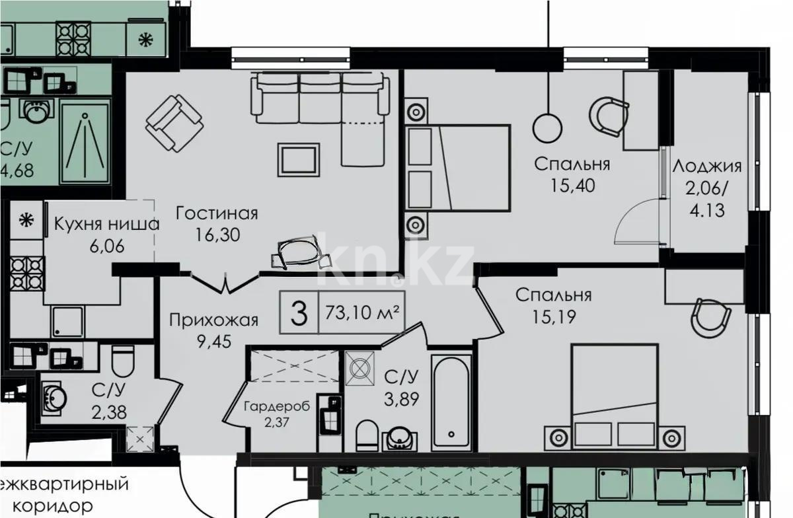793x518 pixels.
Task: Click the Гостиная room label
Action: pos(217,213)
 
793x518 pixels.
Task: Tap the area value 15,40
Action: pos(572,186)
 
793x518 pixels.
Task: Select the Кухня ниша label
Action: pos(106,223)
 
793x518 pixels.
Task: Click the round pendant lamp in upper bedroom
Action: pos(547,127)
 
